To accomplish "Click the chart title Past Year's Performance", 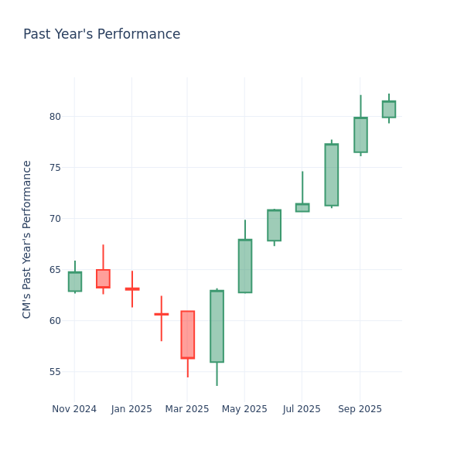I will [101, 35].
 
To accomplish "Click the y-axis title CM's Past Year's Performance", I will [28, 239].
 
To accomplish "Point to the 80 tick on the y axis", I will [55, 117].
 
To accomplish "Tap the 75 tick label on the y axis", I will [55, 168].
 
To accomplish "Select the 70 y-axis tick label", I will [55, 219].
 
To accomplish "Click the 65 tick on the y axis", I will [55, 270].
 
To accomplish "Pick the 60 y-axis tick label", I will [55, 321].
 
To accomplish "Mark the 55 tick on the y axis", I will [55, 372].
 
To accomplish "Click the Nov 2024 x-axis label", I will [74, 409].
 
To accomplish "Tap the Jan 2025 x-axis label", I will [131, 409].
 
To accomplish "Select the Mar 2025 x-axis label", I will [187, 409].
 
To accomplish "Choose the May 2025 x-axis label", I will [244, 409].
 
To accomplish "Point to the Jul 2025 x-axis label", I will [302, 409].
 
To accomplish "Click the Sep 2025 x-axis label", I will [360, 409].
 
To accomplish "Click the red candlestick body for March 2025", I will [187, 335].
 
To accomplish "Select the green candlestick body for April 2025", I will [217, 326].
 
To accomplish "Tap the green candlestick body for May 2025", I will [244, 266].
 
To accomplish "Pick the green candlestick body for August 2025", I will [331, 175].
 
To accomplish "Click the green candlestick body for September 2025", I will [360, 135].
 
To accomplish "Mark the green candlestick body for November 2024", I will [74, 281].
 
